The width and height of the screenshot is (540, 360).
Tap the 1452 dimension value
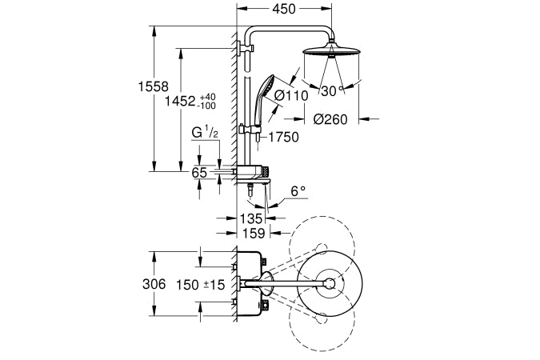coord(181,102)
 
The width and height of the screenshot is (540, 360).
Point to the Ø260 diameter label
coord(329,119)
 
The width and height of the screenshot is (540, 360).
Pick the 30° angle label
coord(330,90)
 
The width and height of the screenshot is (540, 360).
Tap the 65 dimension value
coord(199,172)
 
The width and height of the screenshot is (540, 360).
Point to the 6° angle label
coord(298,192)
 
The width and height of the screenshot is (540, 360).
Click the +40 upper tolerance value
coord(207,96)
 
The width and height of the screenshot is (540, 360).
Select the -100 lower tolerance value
coord(207,106)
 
